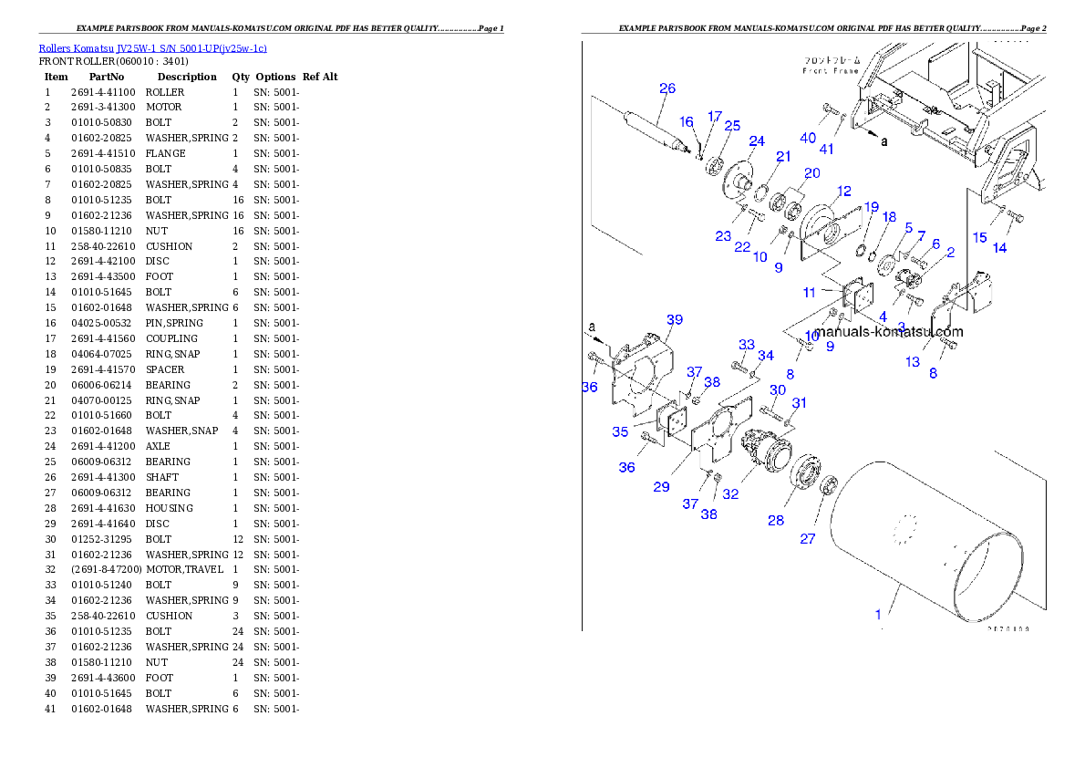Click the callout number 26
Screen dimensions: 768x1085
[x=667, y=88]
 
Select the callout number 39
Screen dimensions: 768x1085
[x=674, y=319]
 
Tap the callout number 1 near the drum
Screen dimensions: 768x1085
[x=879, y=614]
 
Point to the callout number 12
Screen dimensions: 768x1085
[x=843, y=191]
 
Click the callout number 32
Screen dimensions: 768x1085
[x=730, y=494]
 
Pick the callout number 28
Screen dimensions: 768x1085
[x=775, y=520]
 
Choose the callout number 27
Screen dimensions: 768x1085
[x=808, y=538]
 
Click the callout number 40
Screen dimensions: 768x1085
[x=808, y=137]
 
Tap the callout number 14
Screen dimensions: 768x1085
[x=1000, y=248]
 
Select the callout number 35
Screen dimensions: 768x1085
[x=620, y=431]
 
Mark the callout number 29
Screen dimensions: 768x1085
[x=661, y=487]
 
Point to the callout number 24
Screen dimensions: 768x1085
[x=757, y=140]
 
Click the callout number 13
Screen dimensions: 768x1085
[x=913, y=361]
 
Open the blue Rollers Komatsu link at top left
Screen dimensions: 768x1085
[x=152, y=48]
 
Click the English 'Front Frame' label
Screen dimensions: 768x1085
[x=831, y=70]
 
